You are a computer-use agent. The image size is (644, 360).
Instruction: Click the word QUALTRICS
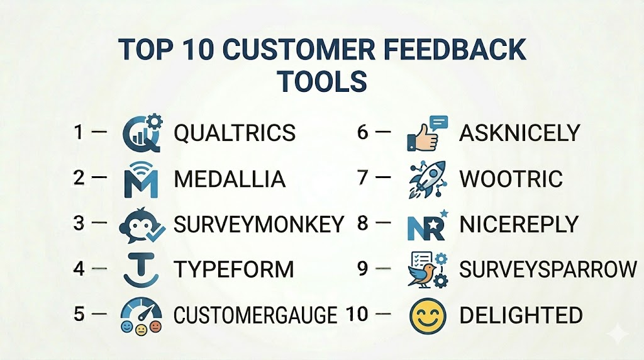(x=235, y=133)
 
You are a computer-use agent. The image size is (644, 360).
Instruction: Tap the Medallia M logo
(x=141, y=180)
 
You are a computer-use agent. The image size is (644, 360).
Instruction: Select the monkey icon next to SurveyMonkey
(x=142, y=225)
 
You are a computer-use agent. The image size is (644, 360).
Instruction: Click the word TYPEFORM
(x=234, y=269)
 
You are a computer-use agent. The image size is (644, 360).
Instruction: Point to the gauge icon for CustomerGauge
(x=141, y=315)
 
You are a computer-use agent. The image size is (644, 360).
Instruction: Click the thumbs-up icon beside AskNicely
(x=427, y=133)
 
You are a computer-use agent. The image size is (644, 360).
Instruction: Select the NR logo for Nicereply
(x=427, y=226)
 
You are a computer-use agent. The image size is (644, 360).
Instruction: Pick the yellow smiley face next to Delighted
(x=428, y=316)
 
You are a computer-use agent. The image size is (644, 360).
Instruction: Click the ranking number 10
(x=357, y=315)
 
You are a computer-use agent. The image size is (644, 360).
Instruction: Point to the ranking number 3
(x=79, y=223)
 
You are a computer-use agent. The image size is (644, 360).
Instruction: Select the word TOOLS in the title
(x=322, y=81)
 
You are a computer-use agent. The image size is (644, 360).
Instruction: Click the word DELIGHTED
(x=521, y=315)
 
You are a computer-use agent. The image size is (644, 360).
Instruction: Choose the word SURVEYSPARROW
(x=548, y=269)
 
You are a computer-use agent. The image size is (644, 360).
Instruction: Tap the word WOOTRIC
(x=511, y=179)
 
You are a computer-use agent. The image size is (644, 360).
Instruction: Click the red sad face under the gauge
(x=155, y=327)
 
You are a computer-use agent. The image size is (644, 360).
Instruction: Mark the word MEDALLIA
(x=230, y=179)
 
